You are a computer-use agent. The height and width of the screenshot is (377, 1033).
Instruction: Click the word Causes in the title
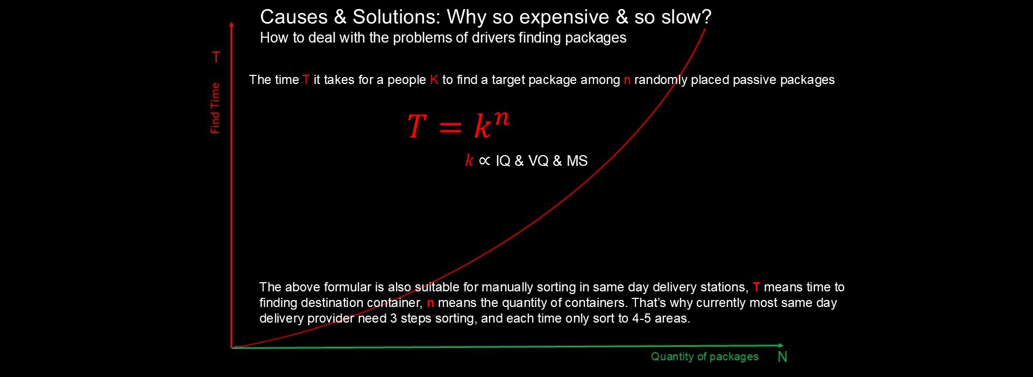294,17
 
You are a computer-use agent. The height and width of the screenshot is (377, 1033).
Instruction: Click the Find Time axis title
215,108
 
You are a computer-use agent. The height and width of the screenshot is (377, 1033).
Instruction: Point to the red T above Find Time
216,57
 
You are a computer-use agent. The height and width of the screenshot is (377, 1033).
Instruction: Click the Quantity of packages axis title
704,357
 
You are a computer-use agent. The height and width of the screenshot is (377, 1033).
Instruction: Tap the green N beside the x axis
782,357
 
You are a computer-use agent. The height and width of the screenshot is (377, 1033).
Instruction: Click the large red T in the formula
417,127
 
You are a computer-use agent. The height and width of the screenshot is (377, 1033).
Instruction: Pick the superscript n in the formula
501,117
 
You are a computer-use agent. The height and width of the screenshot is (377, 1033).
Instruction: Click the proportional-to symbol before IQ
484,161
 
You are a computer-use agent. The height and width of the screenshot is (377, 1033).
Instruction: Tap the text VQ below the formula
538,161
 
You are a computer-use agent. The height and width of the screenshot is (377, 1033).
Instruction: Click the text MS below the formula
577,161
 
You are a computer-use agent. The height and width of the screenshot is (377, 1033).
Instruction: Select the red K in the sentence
434,80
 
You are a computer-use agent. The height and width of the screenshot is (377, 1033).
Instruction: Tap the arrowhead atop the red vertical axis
231,25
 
